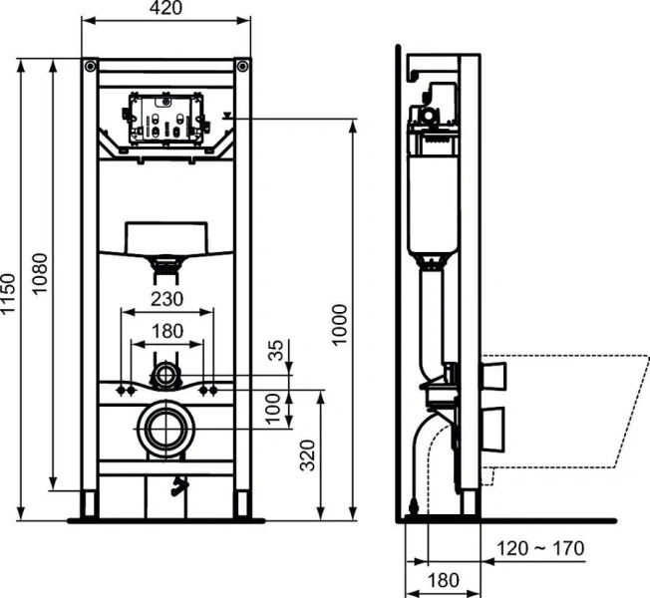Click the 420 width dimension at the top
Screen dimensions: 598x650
(166, 10)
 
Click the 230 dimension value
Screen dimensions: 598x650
(165, 297)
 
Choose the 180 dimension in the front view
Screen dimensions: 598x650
(165, 330)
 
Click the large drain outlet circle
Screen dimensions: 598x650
(165, 428)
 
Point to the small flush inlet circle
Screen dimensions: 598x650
(165, 376)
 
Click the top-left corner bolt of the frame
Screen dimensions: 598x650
(91, 67)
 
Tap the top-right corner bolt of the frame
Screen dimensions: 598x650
(241, 67)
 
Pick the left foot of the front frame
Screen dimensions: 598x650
(90, 505)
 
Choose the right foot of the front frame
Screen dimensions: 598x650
(242, 505)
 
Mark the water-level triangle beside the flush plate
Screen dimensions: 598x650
(231, 116)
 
